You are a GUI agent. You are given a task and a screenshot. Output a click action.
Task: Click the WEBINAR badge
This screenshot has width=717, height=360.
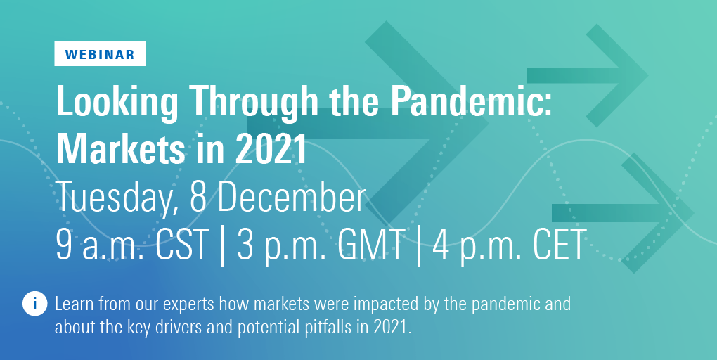pyautogui.click(x=100, y=54)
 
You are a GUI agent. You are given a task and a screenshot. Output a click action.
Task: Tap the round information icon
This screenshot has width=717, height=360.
pyautogui.click(x=34, y=303)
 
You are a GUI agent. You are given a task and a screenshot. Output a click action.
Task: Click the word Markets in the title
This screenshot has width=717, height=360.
pyautogui.click(x=121, y=148)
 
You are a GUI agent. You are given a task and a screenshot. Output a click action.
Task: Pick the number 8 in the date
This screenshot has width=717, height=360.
pyautogui.click(x=198, y=197)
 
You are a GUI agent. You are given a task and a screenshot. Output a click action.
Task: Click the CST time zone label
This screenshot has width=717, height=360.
pyautogui.click(x=182, y=244)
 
